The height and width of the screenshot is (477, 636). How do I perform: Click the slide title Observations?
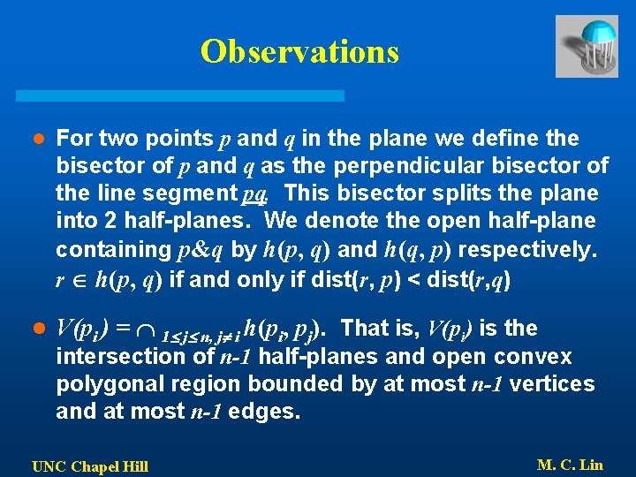(299, 52)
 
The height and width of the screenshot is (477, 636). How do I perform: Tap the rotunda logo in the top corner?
(587, 46)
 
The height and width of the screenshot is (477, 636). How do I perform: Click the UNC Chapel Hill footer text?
(90, 466)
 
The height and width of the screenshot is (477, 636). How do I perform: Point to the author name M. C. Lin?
(570, 465)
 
